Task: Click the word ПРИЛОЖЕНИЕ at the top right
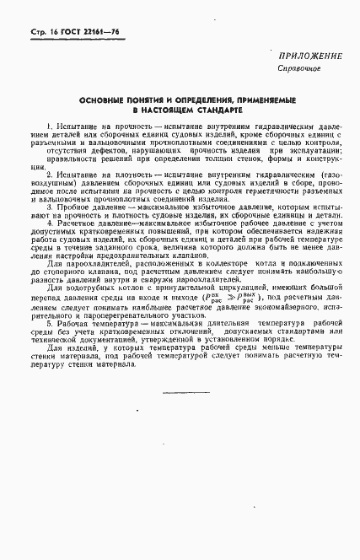click(x=309, y=57)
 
